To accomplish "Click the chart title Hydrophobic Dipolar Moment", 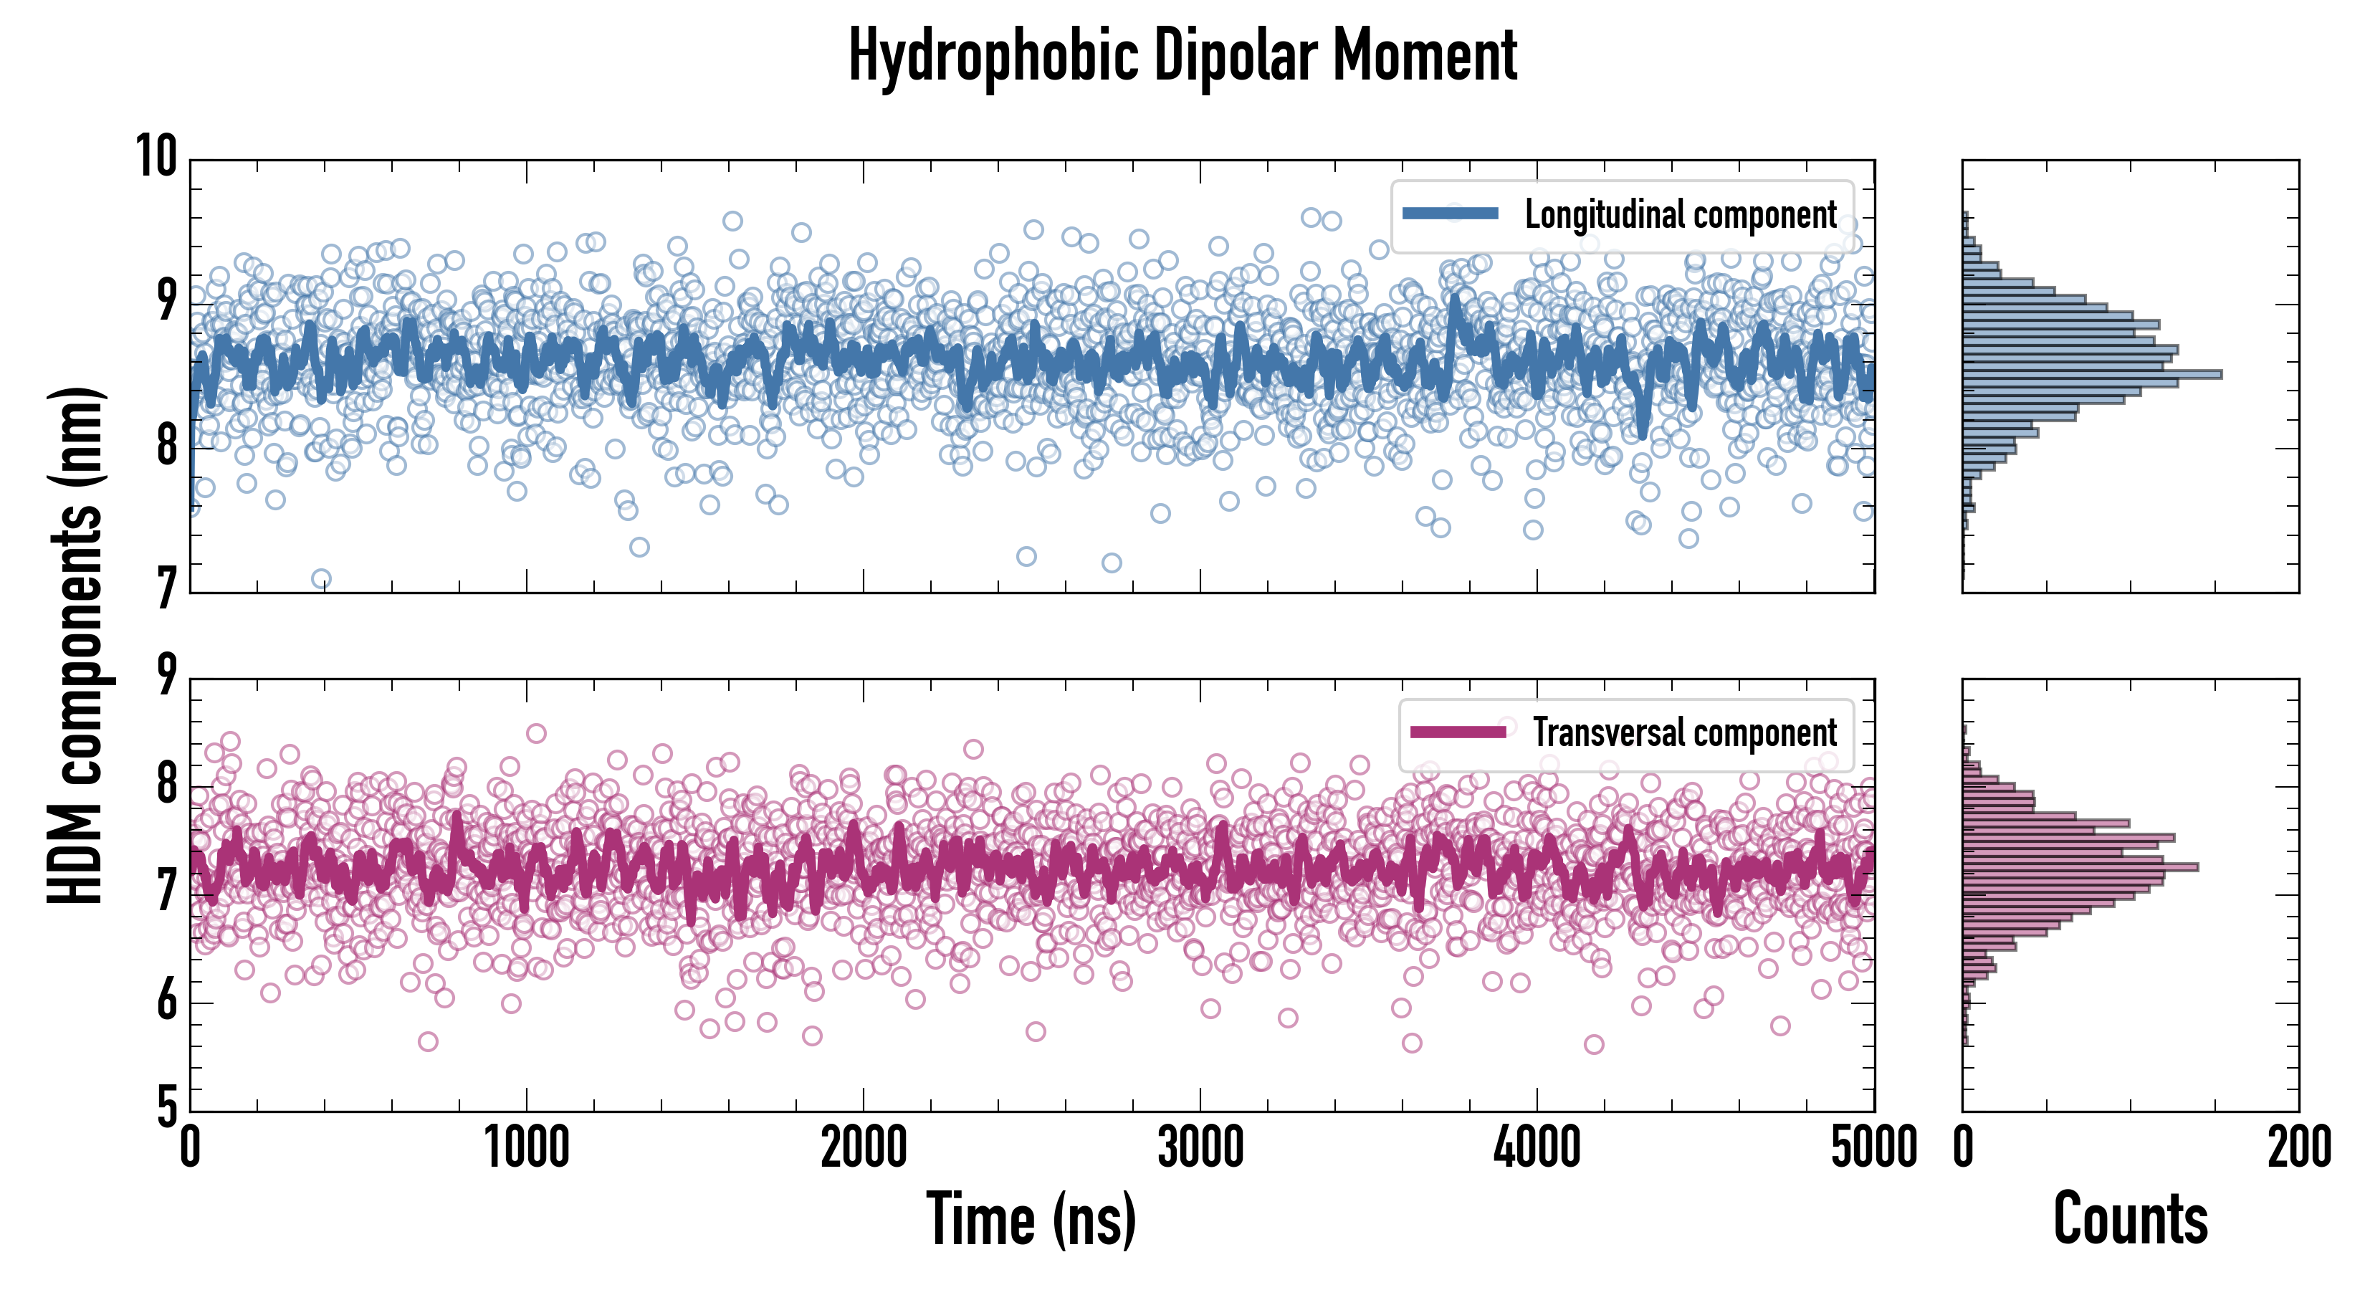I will [x=1182, y=56].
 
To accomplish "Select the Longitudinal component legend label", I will [x=1680, y=215].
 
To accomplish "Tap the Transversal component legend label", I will [x=1685, y=732].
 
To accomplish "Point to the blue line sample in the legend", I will [x=1451, y=214].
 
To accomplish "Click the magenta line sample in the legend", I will [x=1458, y=732].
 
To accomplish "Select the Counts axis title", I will [x=2130, y=1219].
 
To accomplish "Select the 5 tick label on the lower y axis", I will [x=166, y=1107].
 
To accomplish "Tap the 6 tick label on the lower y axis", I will [x=166, y=1000].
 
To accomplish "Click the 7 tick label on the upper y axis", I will [x=166, y=588].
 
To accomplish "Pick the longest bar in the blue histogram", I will [x=2091, y=375].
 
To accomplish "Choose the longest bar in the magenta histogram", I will [x=2080, y=866].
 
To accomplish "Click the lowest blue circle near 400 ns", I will [x=321, y=579].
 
